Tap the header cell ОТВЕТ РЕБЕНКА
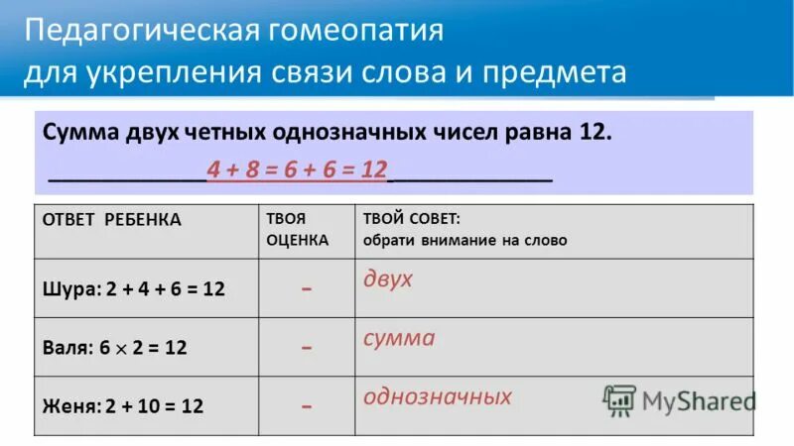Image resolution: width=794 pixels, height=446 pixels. point(111,220)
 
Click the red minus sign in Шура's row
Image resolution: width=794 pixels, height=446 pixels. point(308,288)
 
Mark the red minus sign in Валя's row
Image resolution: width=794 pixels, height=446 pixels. point(308,348)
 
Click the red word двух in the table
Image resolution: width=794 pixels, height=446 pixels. point(388,279)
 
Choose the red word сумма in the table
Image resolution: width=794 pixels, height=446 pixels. point(399,338)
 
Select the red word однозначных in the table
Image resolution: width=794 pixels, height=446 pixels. point(438,396)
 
